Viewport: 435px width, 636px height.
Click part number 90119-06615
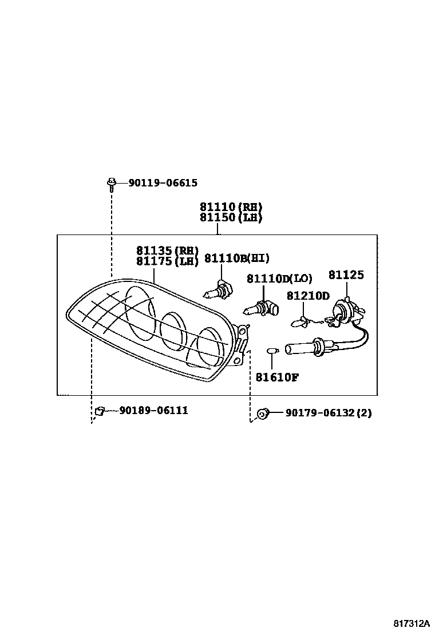coord(163,183)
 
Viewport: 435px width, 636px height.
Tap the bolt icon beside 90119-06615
coord(111,183)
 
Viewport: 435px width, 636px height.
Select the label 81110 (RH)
coord(231,206)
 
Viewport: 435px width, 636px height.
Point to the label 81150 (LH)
coord(231,217)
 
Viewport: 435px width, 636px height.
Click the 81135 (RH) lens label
coord(167,251)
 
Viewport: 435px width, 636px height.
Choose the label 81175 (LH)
coord(167,261)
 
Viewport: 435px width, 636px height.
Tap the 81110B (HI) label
coord(236,259)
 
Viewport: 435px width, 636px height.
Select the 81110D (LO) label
coord(279,279)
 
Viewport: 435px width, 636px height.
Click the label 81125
coord(346,275)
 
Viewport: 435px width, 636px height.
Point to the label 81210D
coord(308,296)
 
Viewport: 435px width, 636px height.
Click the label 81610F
coord(277,377)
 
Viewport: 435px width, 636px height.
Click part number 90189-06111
coord(153,410)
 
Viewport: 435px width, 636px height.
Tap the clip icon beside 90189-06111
coord(99,410)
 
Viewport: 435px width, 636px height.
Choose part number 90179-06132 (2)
coord(328,412)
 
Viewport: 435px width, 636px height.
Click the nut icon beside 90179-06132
coord(262,412)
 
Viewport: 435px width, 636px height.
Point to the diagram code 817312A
coord(411,623)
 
